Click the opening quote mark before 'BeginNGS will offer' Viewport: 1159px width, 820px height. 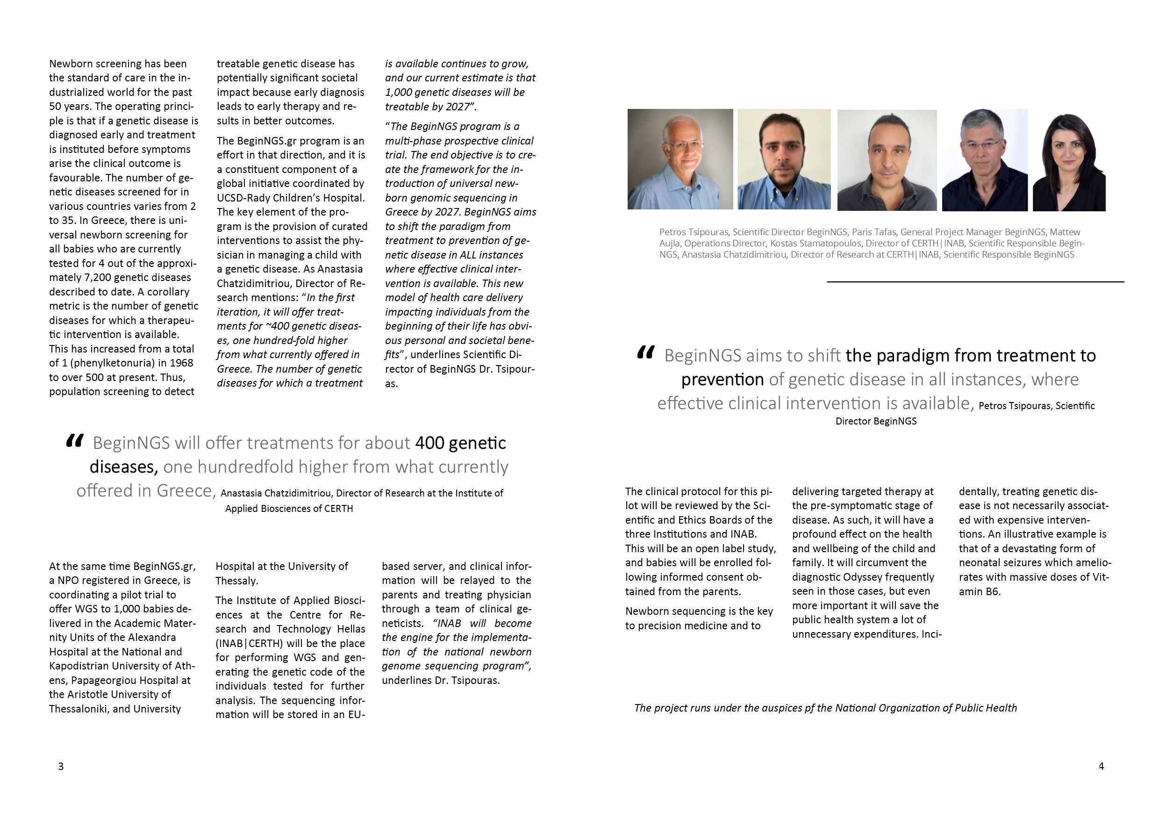74,441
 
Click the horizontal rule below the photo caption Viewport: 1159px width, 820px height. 975,281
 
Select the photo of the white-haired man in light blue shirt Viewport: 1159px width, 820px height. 680,159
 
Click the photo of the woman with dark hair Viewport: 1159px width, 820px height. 1069,160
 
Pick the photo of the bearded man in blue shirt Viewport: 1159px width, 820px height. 784,159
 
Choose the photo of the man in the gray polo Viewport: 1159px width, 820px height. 887,160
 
